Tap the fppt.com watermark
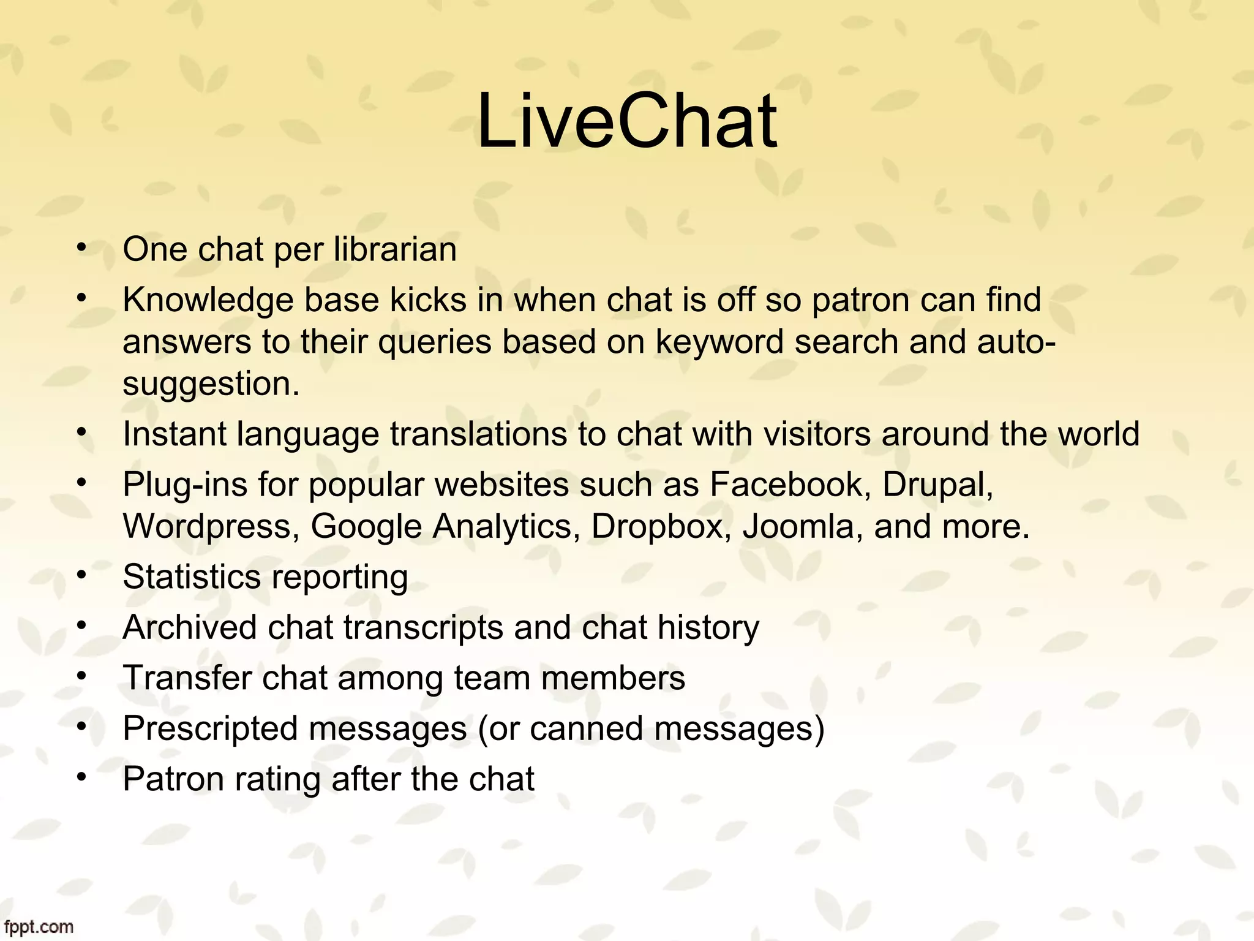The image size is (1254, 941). tap(37, 927)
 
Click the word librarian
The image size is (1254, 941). tap(395, 249)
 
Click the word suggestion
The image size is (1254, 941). tap(211, 384)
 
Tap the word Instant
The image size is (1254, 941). tap(175, 434)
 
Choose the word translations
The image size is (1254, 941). tap(478, 434)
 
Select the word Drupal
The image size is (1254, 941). tap(937, 485)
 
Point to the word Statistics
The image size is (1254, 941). tap(192, 577)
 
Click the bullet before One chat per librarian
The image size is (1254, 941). tap(81, 248)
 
